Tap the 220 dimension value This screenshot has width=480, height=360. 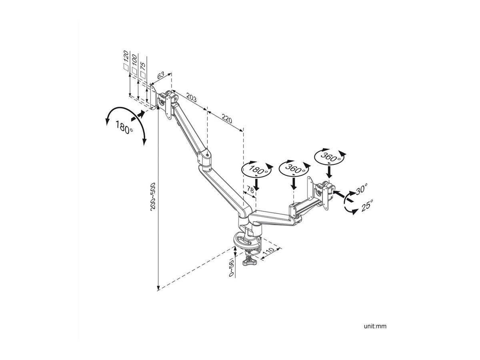point(227,118)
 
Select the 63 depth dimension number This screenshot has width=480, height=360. point(160,75)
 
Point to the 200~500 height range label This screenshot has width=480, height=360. point(153,196)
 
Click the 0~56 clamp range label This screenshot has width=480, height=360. point(231,268)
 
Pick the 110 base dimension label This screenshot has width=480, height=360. point(268,252)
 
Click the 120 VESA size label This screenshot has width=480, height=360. point(126,56)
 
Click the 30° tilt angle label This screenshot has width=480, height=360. point(362,189)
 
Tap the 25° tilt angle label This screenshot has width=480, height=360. point(367,206)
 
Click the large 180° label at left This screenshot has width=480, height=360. point(124,127)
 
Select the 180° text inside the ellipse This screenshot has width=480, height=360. point(258,170)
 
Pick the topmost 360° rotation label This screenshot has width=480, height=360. point(330,157)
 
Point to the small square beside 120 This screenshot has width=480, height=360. point(126,67)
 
